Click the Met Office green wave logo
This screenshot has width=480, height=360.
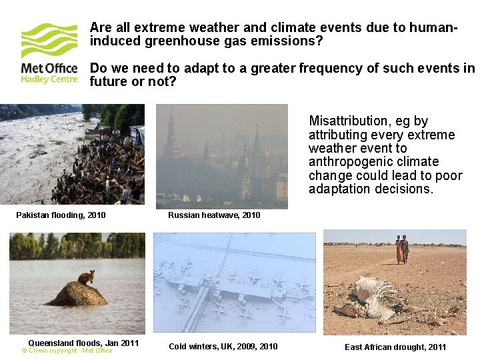[x=49, y=41]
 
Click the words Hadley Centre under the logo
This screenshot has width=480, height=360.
[x=49, y=79]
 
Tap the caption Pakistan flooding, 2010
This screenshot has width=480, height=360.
[x=61, y=215]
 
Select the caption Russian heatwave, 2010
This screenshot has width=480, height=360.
[x=214, y=215]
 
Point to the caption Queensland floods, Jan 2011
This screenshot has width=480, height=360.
[x=83, y=343]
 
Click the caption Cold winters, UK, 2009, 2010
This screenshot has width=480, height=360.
[x=223, y=346]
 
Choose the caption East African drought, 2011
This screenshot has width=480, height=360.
[x=395, y=347]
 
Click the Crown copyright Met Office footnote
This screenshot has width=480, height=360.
[x=67, y=351]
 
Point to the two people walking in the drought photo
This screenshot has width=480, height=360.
[x=401, y=249]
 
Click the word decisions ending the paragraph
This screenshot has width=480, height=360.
[x=403, y=189]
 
